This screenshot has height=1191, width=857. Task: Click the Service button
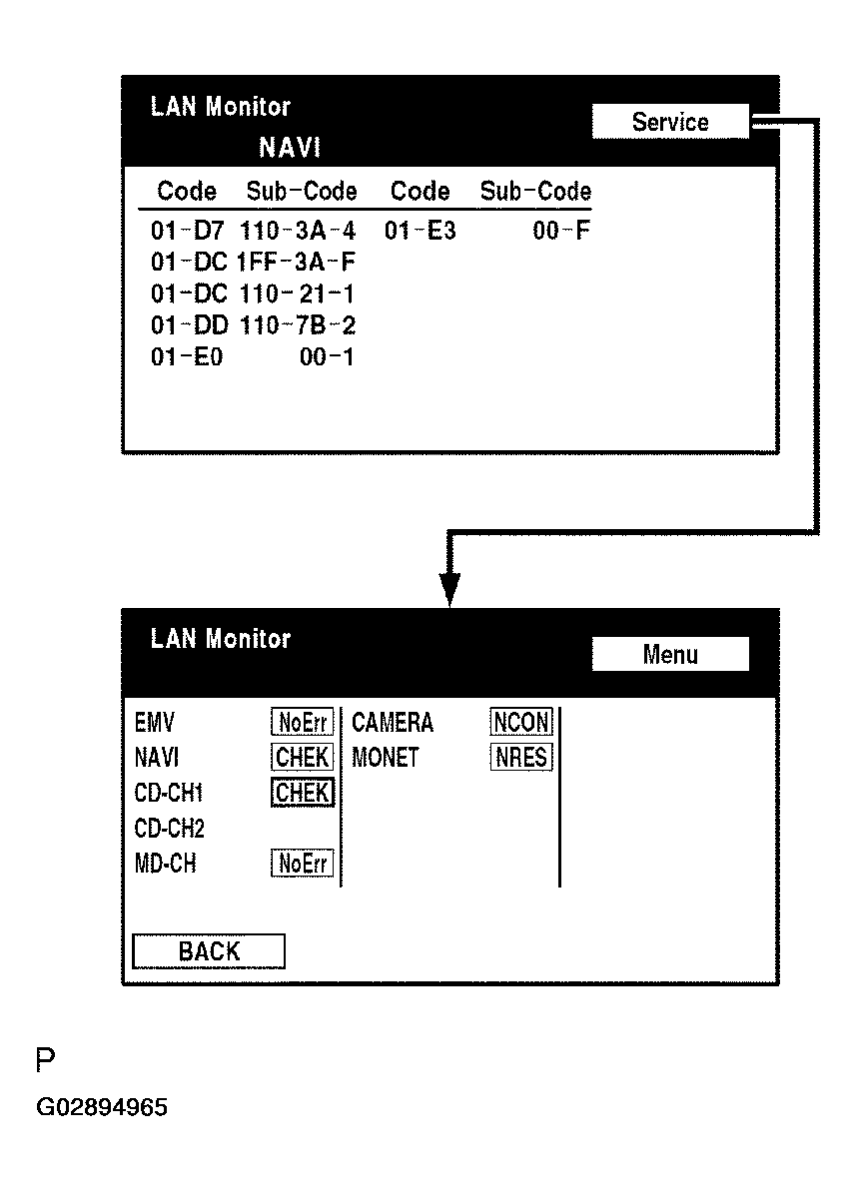point(670,122)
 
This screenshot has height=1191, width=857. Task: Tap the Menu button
point(670,655)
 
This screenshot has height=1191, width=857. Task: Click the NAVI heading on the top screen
point(290,149)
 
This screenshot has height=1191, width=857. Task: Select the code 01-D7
point(188,232)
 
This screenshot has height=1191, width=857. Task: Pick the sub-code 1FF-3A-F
point(297,264)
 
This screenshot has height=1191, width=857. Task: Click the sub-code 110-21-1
point(297,295)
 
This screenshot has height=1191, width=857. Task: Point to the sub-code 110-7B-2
point(297,325)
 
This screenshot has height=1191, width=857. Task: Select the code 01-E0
point(187,357)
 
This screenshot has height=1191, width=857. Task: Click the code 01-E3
point(421,232)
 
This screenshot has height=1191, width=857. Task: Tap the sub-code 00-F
point(561,232)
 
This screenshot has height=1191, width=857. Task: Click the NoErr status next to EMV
point(303,723)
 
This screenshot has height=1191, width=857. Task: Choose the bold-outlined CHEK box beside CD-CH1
point(303,793)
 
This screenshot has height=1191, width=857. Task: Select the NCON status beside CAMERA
point(521,723)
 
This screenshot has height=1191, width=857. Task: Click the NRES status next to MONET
point(521,758)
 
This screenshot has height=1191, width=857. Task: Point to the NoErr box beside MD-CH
point(303,864)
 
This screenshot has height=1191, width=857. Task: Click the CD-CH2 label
point(169,829)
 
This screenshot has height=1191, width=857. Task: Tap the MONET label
point(386,758)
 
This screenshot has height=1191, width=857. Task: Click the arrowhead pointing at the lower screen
point(450,589)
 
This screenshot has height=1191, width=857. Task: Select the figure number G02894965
point(102,1108)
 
